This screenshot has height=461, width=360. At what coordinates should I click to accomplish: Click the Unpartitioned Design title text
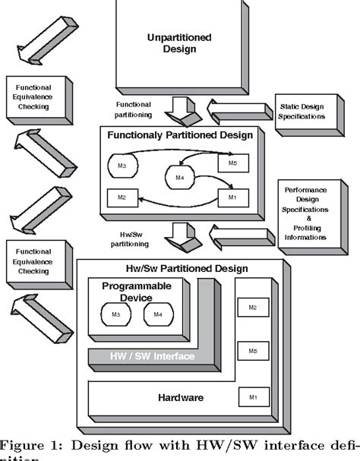click(x=180, y=42)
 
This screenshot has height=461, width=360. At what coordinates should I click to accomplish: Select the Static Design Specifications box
click(x=302, y=112)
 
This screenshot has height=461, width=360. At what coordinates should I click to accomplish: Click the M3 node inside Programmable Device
click(x=115, y=314)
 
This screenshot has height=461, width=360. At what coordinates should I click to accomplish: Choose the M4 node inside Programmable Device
click(x=159, y=314)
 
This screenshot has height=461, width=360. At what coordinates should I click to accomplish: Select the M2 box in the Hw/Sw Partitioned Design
click(x=252, y=307)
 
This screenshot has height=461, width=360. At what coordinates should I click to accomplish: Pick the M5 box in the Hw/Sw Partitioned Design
click(x=252, y=352)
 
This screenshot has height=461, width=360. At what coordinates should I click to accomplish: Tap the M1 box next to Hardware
click(x=252, y=395)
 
